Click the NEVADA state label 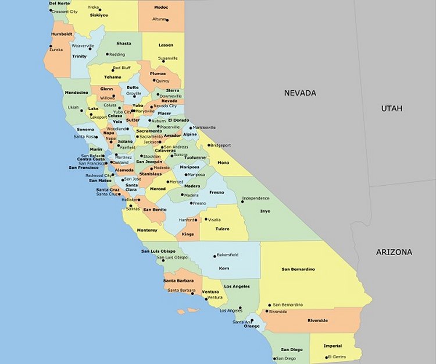click(x=300, y=93)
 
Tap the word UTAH click(x=392, y=108)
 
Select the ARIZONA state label click(x=394, y=252)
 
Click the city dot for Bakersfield click(x=213, y=255)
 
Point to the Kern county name click(x=224, y=268)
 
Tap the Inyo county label click(x=265, y=211)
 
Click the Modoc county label click(x=161, y=8)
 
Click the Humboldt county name click(x=61, y=34)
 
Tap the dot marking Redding click(x=107, y=55)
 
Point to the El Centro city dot click(x=327, y=356)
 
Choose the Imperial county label click(x=333, y=346)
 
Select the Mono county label click(x=223, y=164)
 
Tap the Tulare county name click(x=221, y=229)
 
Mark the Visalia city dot click(x=205, y=220)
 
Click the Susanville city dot click(x=163, y=61)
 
